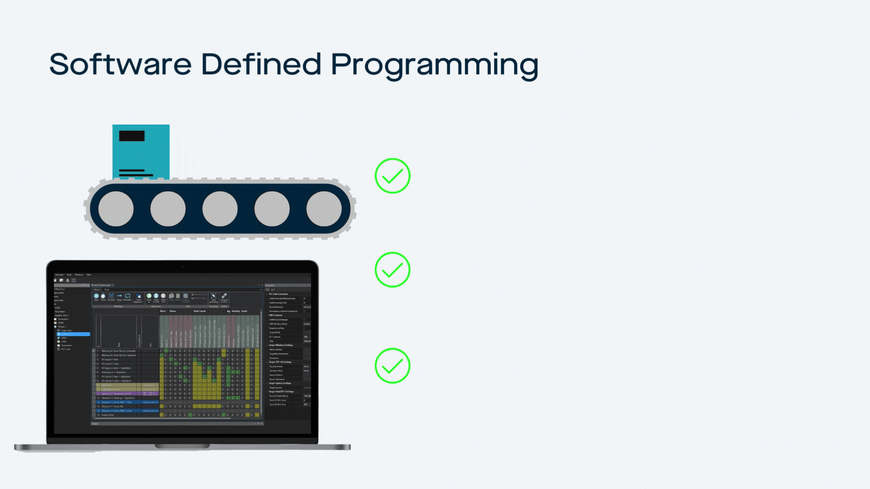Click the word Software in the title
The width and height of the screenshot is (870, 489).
tap(120, 64)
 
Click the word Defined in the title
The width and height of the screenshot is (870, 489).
tap(261, 64)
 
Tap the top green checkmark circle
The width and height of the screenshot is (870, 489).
tap(392, 176)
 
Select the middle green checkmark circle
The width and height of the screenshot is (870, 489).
tap(392, 269)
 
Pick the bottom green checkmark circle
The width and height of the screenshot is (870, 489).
tap(392, 365)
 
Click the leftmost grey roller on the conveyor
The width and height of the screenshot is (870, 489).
tap(116, 209)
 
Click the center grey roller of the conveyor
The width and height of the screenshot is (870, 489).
tap(220, 209)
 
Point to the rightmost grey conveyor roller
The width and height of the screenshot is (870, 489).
tap(324, 209)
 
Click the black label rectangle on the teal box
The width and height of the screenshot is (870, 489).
tap(132, 136)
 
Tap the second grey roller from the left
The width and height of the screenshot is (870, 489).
tap(168, 209)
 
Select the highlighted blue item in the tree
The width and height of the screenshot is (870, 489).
tap(73, 334)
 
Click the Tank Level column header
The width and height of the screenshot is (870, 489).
tap(199, 311)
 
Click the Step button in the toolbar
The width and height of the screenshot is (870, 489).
tap(96, 297)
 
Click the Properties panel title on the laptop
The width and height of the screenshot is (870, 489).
tap(270, 285)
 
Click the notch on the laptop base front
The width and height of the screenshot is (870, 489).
tap(182, 446)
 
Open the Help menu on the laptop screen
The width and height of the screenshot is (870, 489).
tap(89, 274)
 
